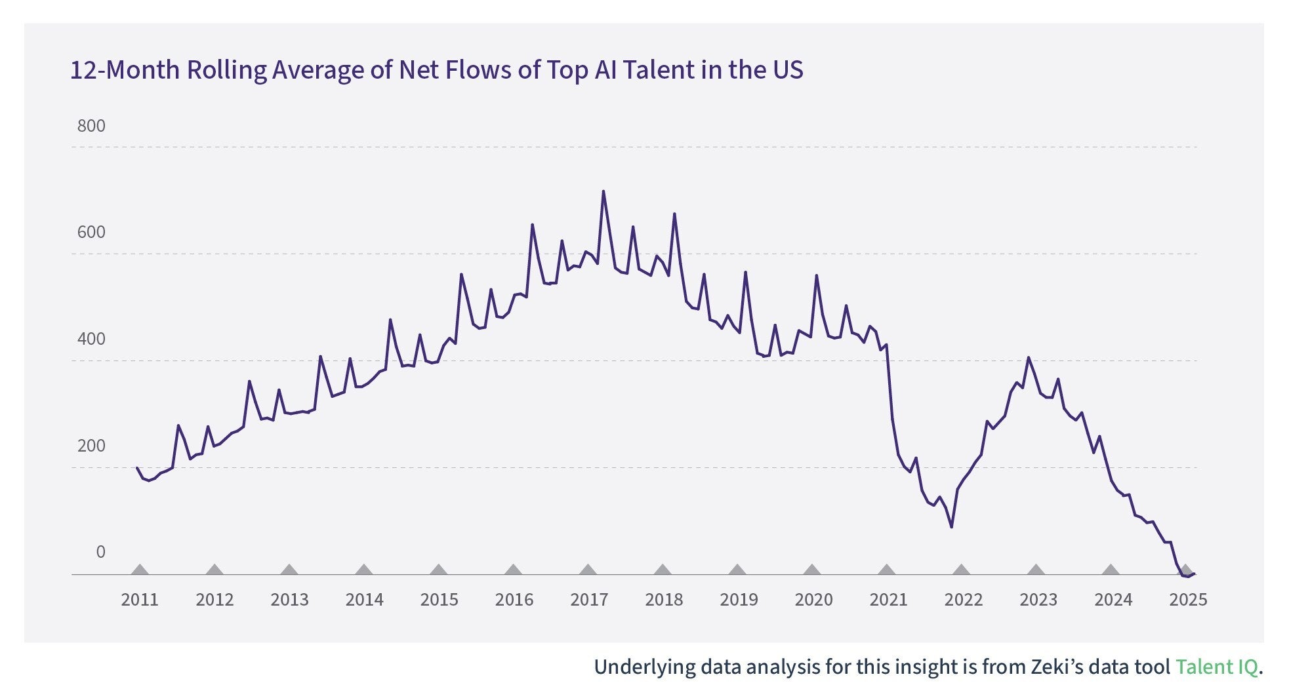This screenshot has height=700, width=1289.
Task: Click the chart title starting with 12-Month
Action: point(436,70)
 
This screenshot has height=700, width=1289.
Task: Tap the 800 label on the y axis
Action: point(91,126)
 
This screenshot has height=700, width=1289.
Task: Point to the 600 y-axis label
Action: point(91,232)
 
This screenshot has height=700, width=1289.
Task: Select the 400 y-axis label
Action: point(91,339)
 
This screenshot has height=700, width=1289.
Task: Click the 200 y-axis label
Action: point(91,446)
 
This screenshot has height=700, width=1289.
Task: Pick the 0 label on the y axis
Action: point(100,552)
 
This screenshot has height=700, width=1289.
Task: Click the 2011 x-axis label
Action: point(140,600)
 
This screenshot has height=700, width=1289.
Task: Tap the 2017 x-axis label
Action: point(589,600)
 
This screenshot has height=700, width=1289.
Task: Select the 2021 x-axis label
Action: point(888,600)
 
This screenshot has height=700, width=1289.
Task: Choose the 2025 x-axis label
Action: point(1188,600)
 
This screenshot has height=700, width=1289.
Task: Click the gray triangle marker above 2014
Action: point(364,570)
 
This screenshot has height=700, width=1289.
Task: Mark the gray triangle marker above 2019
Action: point(737,570)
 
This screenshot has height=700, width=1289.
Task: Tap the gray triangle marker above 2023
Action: point(1036,570)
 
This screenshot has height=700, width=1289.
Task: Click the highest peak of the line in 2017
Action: point(604,191)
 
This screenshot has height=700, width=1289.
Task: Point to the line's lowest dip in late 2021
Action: point(951,527)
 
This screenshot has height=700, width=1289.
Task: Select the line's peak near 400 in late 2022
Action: point(1028,358)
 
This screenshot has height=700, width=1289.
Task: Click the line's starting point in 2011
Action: point(137,468)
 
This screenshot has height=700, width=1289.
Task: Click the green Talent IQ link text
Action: point(1216,667)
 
